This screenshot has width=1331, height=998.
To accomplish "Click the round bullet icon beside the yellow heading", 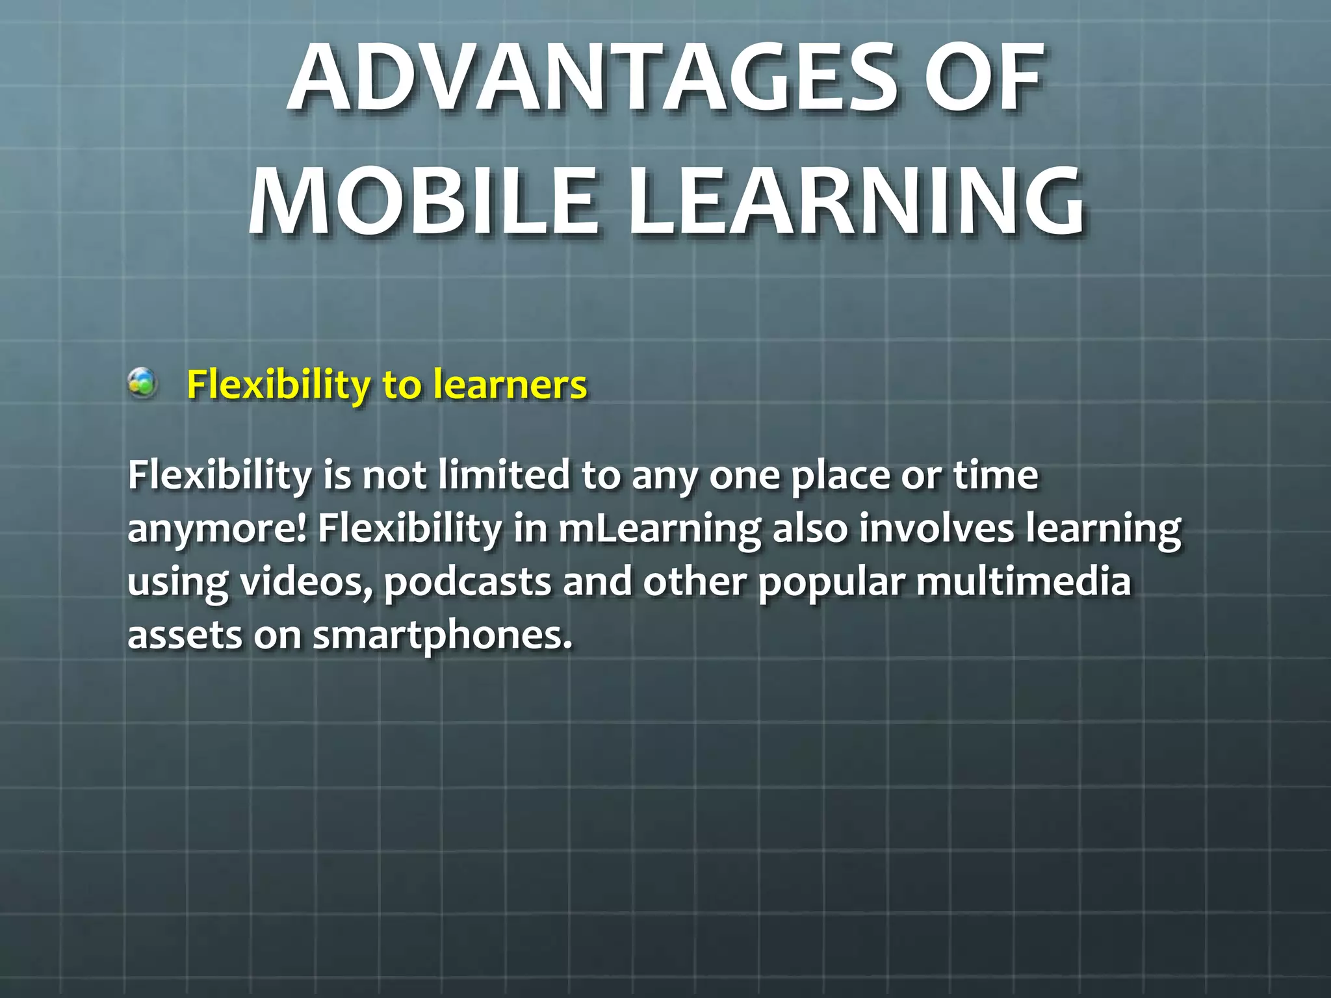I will tap(142, 383).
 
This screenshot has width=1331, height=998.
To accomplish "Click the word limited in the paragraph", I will tap(504, 475).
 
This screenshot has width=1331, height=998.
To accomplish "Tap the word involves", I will tap(937, 528).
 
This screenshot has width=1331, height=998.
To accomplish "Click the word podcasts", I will tap(468, 582).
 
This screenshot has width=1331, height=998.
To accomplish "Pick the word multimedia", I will tap(1024, 581).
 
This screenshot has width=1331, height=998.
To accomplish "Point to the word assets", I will tap(185, 635).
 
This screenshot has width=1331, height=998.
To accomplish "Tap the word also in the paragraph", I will tap(810, 528).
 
